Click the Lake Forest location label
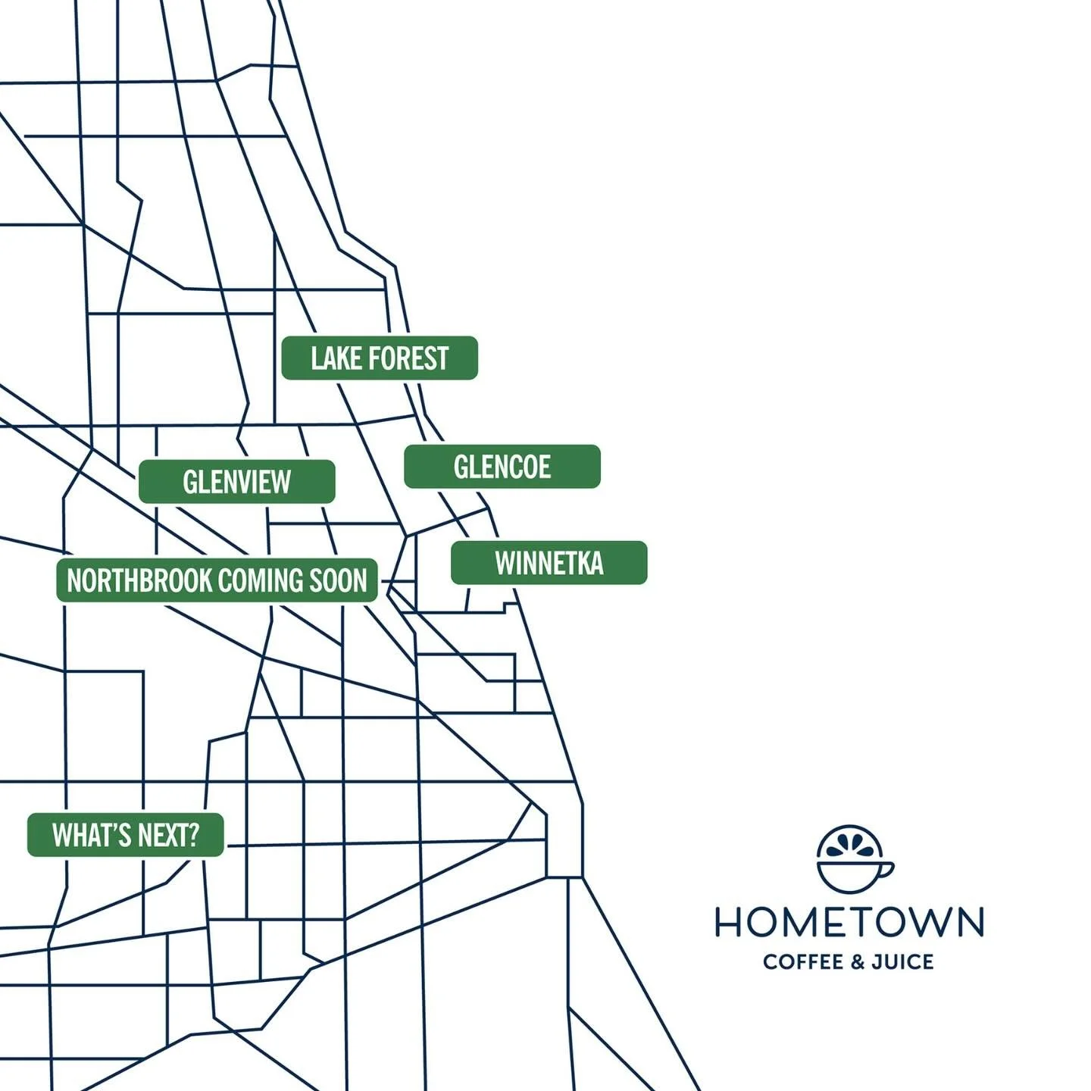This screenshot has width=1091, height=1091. tap(380, 358)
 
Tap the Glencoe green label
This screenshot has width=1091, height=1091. tap(502, 467)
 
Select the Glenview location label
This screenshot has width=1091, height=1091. tap(236, 482)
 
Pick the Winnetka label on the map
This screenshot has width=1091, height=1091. tap(549, 563)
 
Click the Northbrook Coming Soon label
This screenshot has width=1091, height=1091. tap(217, 581)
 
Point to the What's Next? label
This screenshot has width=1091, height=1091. tap(126, 835)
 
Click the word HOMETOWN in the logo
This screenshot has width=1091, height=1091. tap(849, 922)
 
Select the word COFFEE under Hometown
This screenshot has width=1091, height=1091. tap(803, 962)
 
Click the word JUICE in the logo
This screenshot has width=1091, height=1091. tap(902, 962)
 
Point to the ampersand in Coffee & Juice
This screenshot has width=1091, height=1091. tap(857, 962)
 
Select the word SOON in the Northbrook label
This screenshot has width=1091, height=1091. tap(338, 581)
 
